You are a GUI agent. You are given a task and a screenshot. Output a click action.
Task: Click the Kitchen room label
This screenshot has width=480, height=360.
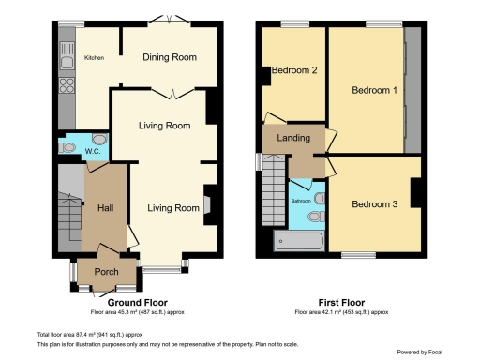(x=95, y=58)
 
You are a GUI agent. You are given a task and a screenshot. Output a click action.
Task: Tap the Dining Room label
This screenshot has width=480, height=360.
(x=170, y=57)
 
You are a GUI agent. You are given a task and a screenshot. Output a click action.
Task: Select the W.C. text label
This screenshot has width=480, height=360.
(x=92, y=151)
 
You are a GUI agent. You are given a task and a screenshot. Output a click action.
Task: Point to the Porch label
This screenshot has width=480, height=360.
(x=105, y=273)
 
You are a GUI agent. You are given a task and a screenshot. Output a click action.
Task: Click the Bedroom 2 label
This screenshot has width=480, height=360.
(x=294, y=69)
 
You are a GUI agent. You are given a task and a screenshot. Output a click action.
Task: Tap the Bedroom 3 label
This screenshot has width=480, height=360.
(x=374, y=203)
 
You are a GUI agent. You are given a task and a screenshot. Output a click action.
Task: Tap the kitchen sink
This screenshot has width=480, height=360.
(x=67, y=63)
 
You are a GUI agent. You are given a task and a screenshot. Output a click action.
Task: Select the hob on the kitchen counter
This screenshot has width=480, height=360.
(x=67, y=87)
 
